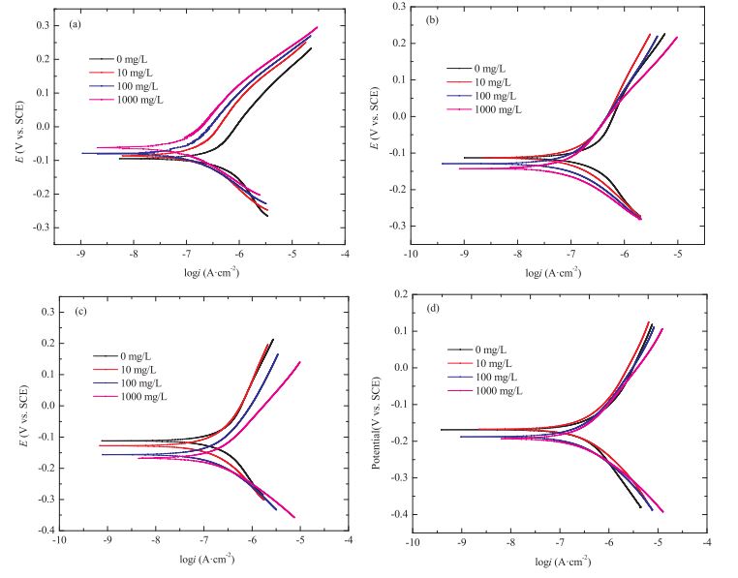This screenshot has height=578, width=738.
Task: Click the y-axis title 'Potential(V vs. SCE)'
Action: point(376,414)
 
